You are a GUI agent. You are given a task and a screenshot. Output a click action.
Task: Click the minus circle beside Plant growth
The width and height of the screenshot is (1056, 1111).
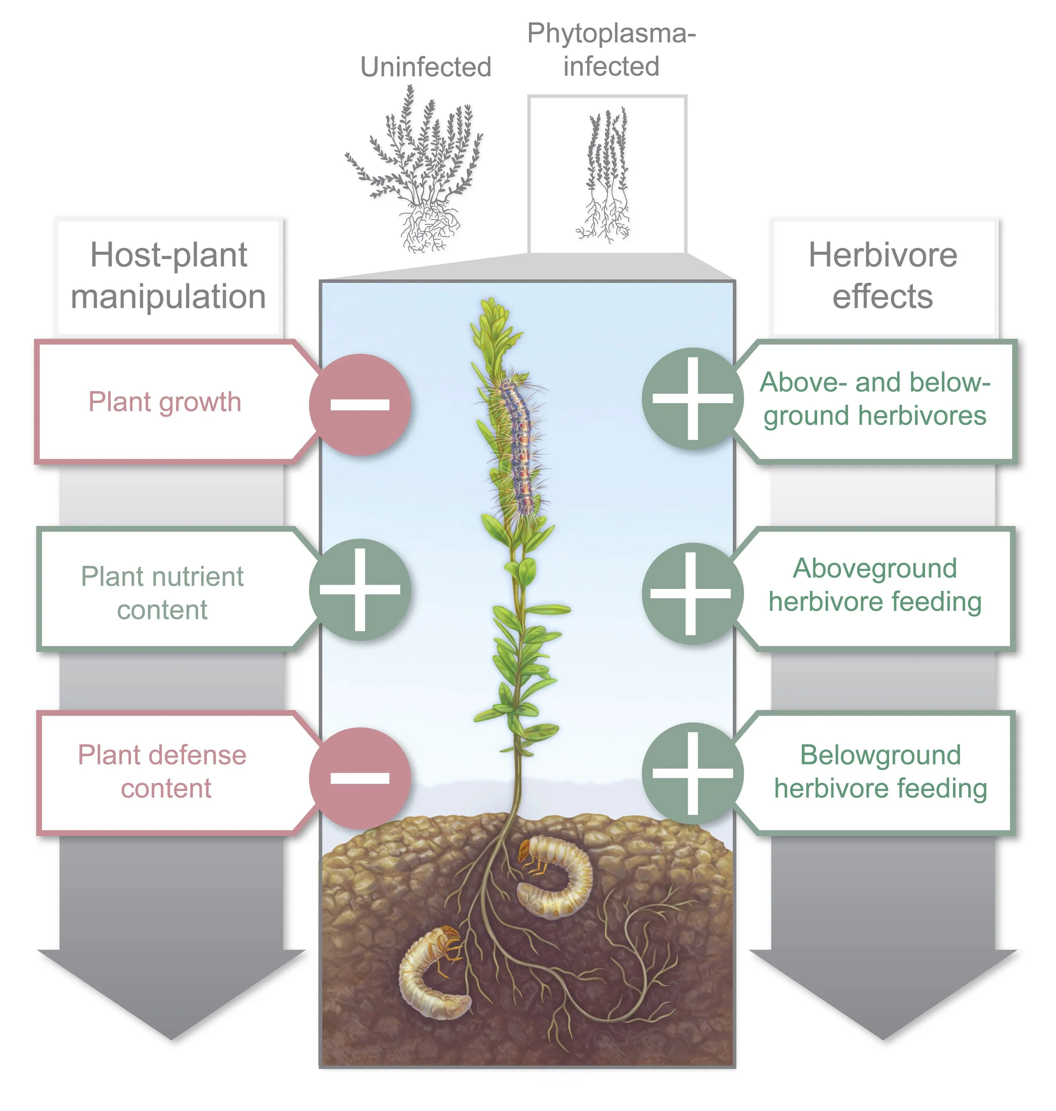pyautogui.click(x=360, y=404)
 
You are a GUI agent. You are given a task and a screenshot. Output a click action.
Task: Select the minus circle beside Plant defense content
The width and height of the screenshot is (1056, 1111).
pyautogui.click(x=360, y=778)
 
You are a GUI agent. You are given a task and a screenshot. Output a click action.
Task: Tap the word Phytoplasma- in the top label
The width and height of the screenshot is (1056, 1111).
pyautogui.click(x=611, y=34)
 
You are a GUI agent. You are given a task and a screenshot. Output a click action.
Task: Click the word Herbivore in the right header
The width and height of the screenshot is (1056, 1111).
pyautogui.click(x=883, y=255)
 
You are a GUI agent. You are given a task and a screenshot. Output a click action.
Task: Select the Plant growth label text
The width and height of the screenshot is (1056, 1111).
pyautogui.click(x=165, y=402)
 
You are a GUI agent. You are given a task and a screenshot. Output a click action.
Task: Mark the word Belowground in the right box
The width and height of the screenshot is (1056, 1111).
pyautogui.click(x=880, y=755)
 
